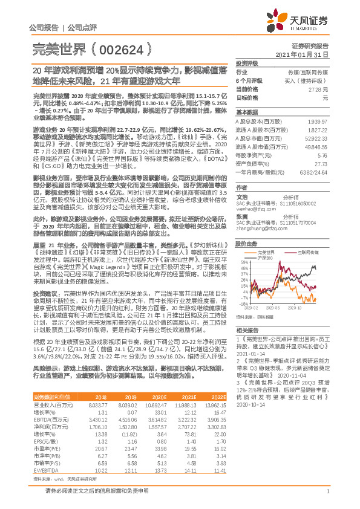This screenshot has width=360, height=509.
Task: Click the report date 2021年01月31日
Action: [310, 55]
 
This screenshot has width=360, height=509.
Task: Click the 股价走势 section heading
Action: [246, 243]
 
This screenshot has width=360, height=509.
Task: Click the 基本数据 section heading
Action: [246, 113]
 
